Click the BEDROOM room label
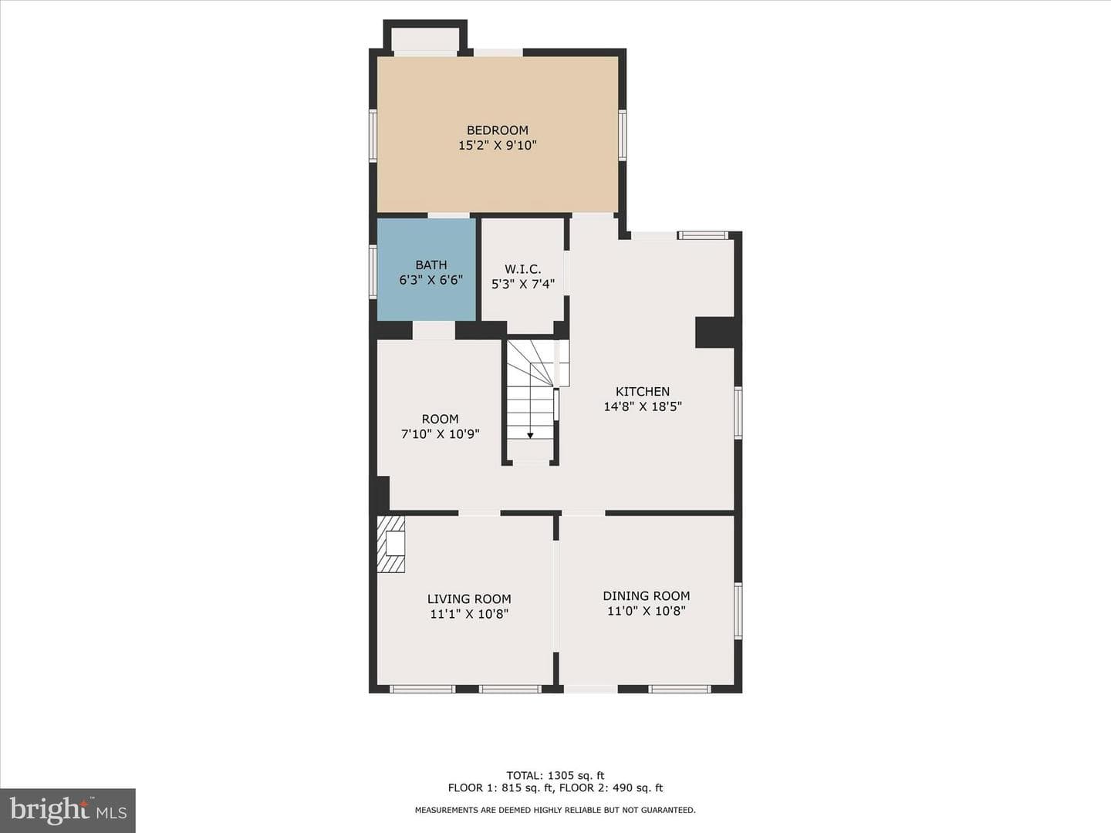[x=497, y=130]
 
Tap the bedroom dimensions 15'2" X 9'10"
[x=497, y=146]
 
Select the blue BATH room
[x=426, y=270]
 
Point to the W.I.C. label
[x=523, y=269]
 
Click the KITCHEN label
[x=643, y=391]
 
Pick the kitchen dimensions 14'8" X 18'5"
[x=643, y=406]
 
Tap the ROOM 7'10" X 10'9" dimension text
[x=440, y=434]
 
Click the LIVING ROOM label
[x=468, y=599]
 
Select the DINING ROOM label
[x=646, y=595]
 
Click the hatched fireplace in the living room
[x=390, y=544]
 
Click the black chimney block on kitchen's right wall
[x=714, y=332]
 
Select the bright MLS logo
[x=68, y=811]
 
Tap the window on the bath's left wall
[x=373, y=271]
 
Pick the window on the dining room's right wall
[x=738, y=611]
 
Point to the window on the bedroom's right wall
[x=622, y=136]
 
